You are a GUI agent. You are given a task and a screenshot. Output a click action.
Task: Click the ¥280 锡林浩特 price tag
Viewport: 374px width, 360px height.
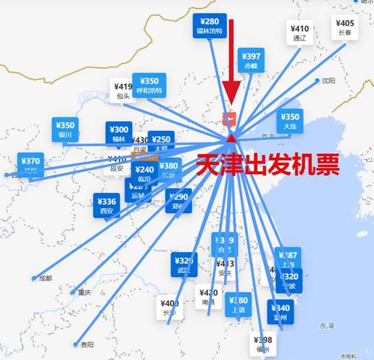click(210, 26)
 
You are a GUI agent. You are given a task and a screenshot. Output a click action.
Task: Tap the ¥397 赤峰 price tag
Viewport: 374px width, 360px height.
click(251, 60)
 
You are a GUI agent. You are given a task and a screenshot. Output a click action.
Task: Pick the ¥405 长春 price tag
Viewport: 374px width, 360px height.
click(345, 27)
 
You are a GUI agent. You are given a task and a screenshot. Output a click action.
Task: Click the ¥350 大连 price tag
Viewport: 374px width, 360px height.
click(290, 120)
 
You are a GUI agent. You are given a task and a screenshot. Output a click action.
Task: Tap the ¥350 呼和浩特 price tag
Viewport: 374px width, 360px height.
click(150, 85)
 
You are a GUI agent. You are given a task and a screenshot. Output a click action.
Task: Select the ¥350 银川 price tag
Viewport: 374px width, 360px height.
click(66, 129)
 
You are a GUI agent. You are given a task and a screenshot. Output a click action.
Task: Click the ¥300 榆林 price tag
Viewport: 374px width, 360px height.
click(119, 133)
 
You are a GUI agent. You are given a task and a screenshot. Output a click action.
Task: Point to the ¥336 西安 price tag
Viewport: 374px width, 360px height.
click(107, 205)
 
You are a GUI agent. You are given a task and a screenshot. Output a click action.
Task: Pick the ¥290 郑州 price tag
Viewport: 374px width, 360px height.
click(177, 200)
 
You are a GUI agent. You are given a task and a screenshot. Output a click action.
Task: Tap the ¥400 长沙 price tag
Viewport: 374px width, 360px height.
click(170, 307)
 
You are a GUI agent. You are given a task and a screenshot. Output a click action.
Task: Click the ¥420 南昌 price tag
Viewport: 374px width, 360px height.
click(208, 297)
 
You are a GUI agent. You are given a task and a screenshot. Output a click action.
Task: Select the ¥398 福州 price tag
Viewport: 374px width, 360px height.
click(263, 344)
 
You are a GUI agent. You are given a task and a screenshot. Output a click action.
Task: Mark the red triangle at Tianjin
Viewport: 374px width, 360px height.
click(231, 138)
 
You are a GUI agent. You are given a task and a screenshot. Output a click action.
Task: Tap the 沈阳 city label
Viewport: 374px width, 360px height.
click(329, 81)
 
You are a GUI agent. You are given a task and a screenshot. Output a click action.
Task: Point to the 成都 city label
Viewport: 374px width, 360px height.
click(45, 278)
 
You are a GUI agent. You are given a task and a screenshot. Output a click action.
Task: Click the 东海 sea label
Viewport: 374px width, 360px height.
click(328, 325)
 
